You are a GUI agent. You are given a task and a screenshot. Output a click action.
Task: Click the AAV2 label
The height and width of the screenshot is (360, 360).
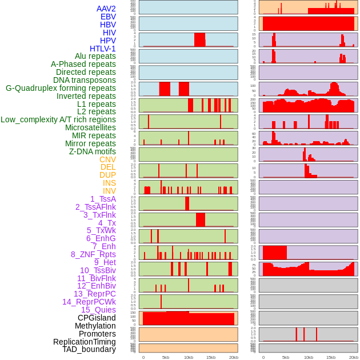click(x=106, y=9)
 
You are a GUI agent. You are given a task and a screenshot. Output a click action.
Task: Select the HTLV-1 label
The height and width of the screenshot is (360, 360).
click(x=103, y=49)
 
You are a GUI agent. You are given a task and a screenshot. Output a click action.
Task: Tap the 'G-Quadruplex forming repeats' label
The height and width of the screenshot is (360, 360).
click(x=61, y=88)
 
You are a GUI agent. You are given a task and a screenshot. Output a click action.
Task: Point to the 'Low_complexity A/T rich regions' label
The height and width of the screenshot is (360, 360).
click(x=58, y=119)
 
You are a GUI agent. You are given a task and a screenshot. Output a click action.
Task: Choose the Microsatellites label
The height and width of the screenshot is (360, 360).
click(x=90, y=127)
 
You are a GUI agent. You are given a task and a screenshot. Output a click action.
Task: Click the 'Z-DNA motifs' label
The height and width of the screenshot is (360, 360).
click(x=93, y=151)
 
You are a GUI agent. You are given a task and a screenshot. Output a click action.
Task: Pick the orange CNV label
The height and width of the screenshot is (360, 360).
click(x=107, y=159)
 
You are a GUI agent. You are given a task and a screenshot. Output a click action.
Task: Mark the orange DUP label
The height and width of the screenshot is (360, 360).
click(x=107, y=175)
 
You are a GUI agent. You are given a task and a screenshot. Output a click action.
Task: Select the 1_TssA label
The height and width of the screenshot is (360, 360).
click(x=103, y=199)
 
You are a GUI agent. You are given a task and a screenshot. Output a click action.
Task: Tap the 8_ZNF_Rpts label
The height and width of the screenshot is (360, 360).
click(x=93, y=254)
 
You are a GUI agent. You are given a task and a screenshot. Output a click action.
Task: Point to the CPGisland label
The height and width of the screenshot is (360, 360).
click(x=97, y=318)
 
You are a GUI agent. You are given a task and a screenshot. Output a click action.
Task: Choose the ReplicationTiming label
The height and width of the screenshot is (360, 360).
click(x=84, y=342)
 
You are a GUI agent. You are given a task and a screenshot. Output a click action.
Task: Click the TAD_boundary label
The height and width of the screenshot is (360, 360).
click(x=89, y=349)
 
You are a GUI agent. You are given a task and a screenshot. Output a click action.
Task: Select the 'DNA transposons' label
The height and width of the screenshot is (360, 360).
click(x=85, y=80)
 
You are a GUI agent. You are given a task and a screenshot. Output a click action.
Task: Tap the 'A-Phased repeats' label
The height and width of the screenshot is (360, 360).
click(x=83, y=64)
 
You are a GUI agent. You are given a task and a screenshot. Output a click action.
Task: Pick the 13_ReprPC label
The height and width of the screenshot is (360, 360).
click(x=94, y=294)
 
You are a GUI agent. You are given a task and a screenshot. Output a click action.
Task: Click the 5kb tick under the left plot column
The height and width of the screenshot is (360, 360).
click(x=166, y=357)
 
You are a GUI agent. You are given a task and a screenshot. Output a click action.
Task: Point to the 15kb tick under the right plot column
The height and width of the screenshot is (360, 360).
click(x=331, y=357)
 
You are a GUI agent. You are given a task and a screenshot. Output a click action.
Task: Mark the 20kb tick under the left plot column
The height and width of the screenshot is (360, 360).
click(x=233, y=357)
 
